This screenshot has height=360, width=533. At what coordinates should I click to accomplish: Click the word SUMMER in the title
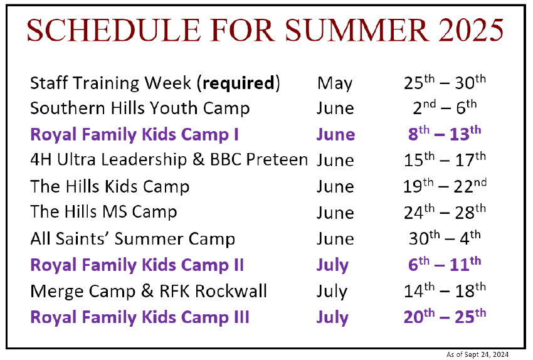pos(357,30)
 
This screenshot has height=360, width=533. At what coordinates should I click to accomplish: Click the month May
pos(335,83)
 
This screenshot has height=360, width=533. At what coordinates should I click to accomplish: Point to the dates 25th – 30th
pos(445,83)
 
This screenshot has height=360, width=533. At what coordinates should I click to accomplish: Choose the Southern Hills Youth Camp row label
pos(140,109)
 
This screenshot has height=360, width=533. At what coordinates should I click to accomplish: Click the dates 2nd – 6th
pos(445,108)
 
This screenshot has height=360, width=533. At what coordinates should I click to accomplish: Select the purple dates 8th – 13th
pos(445,134)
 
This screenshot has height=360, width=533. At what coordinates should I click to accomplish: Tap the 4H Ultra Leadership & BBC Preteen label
pos(169,159)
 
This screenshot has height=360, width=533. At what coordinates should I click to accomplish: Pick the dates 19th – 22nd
pos(445,186)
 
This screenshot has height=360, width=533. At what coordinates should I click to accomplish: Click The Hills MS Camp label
pos(103,212)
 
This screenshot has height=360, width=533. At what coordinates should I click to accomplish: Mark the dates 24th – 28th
pos(445,212)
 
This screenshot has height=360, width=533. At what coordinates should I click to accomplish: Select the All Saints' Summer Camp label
pos(132,238)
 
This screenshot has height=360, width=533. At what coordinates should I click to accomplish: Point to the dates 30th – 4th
pos(445,238)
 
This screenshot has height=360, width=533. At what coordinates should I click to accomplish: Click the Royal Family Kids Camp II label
pos(137,265)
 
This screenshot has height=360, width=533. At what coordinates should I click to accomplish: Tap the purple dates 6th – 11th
pos(445,264)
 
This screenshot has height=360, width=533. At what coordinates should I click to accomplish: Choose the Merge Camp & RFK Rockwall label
pos(149,292)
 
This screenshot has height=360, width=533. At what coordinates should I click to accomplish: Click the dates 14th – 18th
pos(445,290)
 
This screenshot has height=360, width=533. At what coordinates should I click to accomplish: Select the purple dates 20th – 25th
pos(445,317)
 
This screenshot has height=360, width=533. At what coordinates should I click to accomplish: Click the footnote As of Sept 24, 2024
pos(477,354)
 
